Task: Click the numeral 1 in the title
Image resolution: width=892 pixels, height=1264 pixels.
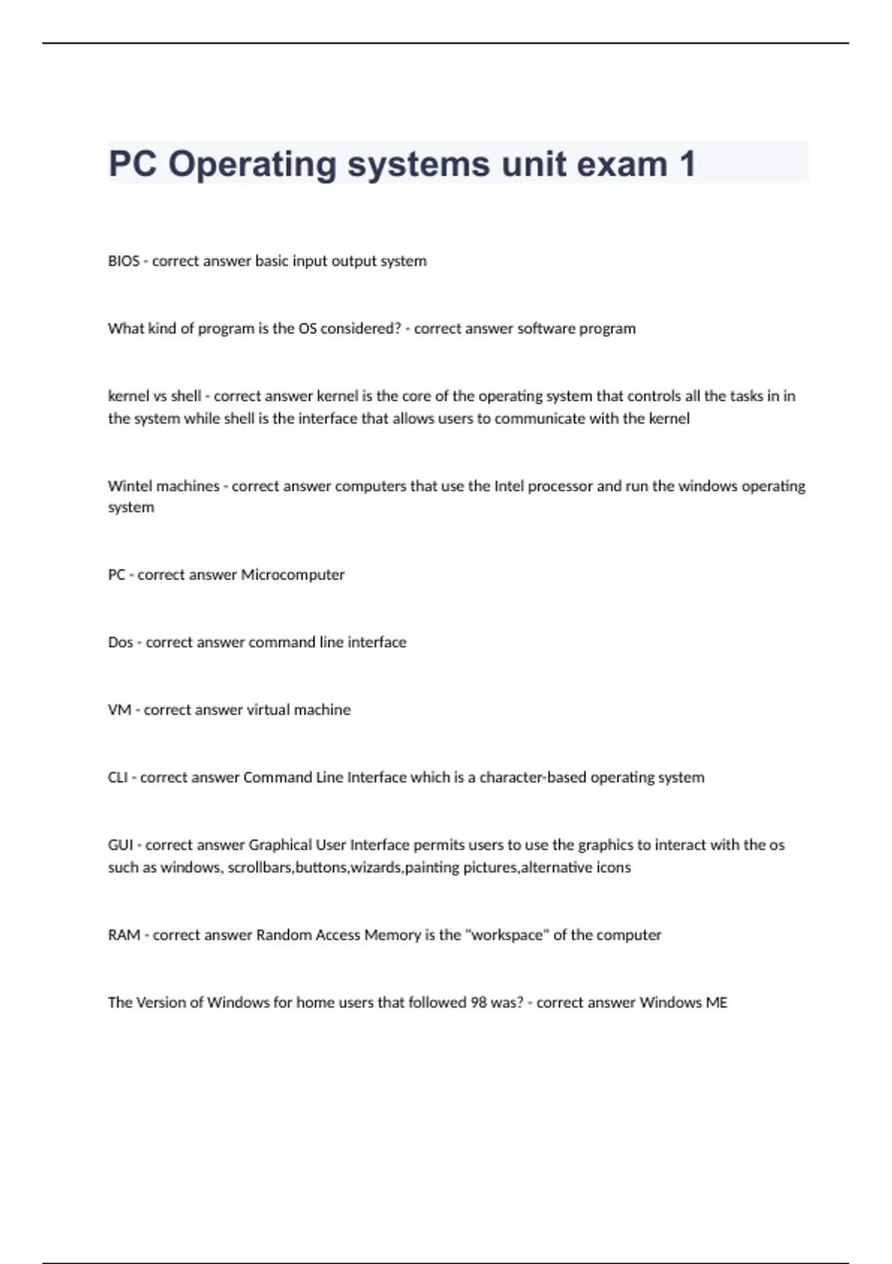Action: (x=687, y=164)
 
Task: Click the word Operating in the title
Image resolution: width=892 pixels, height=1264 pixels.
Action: (x=252, y=164)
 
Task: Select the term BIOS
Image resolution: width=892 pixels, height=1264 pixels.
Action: (x=123, y=261)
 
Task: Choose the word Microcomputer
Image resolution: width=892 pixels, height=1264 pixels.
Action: (x=293, y=575)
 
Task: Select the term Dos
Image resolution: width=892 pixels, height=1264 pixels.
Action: (x=120, y=642)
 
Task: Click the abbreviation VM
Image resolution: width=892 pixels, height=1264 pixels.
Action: (x=119, y=710)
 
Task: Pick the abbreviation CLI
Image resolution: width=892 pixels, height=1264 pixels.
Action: (x=117, y=778)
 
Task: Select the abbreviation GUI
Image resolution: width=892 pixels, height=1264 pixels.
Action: (x=120, y=845)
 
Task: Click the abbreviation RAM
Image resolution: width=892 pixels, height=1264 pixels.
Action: (x=124, y=935)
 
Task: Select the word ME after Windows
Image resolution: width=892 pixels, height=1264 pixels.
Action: (x=717, y=1003)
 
